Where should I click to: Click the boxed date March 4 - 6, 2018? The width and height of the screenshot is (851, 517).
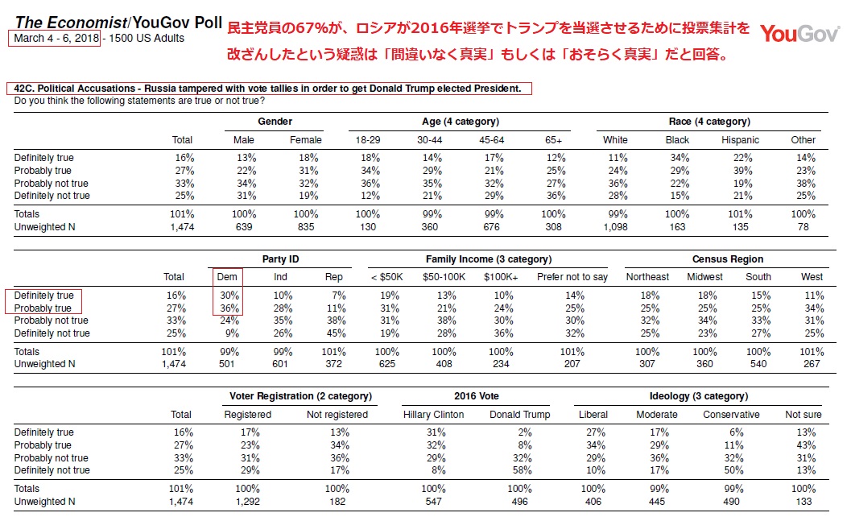coord(56,38)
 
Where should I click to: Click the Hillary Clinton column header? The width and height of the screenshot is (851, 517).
coord(434,415)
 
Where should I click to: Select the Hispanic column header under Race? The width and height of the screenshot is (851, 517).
coord(742,140)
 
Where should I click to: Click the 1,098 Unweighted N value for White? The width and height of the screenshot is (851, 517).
coord(619,227)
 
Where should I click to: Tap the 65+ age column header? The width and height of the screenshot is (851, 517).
coord(555,140)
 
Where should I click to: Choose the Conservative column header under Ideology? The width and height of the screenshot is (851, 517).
coord(731,415)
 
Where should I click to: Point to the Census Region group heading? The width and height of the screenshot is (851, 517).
coord(728,259)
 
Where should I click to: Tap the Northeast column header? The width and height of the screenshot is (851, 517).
coord(648,277)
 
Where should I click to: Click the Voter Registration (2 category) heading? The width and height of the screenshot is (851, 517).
coord(300,396)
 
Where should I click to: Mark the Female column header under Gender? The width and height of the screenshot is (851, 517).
coord(306,140)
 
